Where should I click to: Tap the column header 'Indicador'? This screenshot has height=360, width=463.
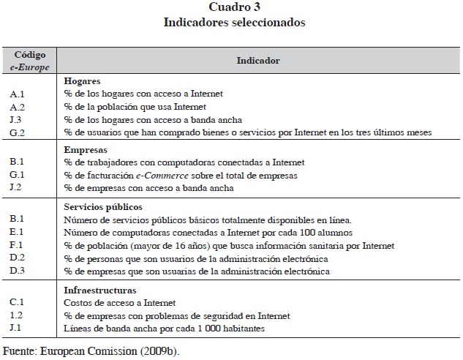click(257, 61)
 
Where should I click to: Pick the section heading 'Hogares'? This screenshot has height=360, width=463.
click(81, 80)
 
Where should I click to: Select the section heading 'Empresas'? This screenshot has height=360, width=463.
click(85, 149)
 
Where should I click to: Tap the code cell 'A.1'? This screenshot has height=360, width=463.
click(18, 94)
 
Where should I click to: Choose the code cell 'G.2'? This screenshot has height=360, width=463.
click(18, 132)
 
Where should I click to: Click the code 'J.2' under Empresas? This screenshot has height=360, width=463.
click(18, 188)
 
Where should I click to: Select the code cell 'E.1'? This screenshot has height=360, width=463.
click(18, 232)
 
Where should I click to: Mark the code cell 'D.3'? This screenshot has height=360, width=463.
click(18, 271)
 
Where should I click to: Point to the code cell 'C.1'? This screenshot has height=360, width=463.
click(18, 302)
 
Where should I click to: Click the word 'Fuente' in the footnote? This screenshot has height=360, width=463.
click(19, 350)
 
